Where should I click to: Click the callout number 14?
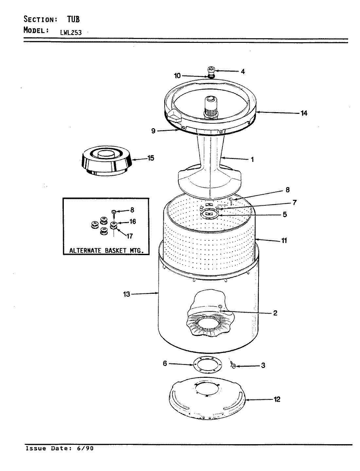(304, 113)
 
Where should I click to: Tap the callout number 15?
(151, 158)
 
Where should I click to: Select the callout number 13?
(126, 294)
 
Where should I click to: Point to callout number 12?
(277, 399)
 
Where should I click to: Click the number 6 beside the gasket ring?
(165, 363)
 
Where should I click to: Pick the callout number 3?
(263, 365)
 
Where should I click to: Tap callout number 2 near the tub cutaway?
(275, 313)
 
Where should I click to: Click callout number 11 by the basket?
(284, 241)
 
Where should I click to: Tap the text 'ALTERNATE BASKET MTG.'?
(106, 251)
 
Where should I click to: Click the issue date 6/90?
(85, 448)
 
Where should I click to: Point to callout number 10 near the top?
(177, 76)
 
